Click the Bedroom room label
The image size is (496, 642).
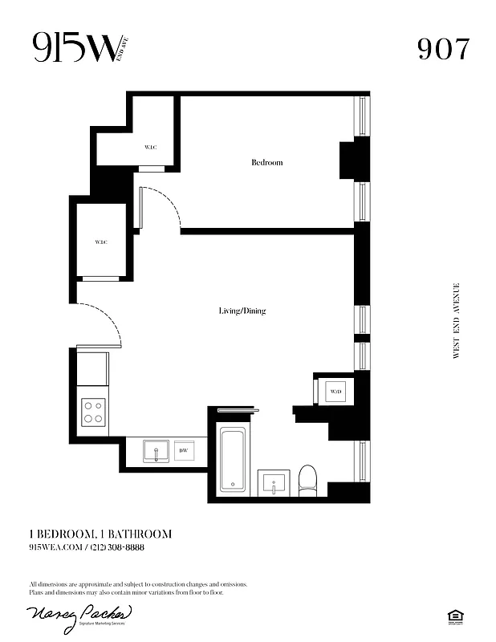click(266, 163)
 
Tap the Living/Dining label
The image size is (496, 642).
click(242, 311)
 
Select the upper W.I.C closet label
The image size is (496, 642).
click(150, 147)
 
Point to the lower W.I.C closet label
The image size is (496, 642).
click(101, 242)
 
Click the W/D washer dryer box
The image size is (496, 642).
click(335, 392)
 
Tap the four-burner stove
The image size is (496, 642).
click(94, 412)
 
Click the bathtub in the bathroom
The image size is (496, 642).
click(234, 458)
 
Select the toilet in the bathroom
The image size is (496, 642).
click(307, 480)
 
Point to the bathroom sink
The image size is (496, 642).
click(274, 484)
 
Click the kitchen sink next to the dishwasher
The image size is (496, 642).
click(154, 451)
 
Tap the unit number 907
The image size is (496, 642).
click(442, 50)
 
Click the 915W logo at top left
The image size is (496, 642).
click(77, 49)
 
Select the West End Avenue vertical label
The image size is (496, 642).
click(457, 320)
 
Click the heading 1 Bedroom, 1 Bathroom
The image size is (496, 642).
click(100, 534)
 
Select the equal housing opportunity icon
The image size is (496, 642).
click(458, 616)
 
